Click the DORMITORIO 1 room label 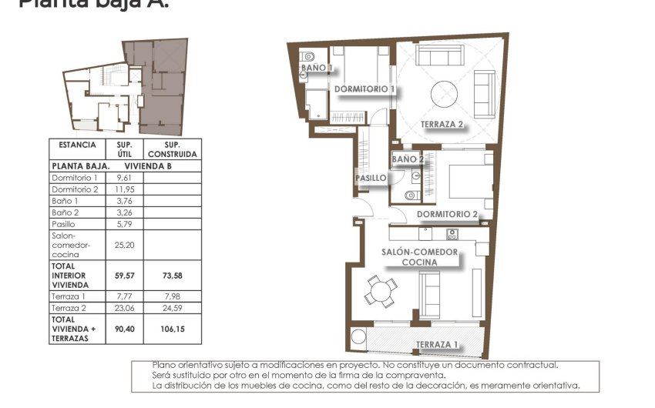tap(364, 89)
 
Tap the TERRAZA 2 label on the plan tap(442, 124)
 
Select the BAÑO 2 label tap(408, 159)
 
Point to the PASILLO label tap(371, 178)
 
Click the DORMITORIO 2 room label tap(448, 214)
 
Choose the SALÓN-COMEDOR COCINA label tap(420, 257)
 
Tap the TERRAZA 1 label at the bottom tap(437, 344)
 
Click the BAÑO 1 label tap(316, 68)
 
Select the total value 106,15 tap(173, 329)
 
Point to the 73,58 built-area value tap(173, 275)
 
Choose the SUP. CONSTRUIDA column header tap(173, 149)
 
